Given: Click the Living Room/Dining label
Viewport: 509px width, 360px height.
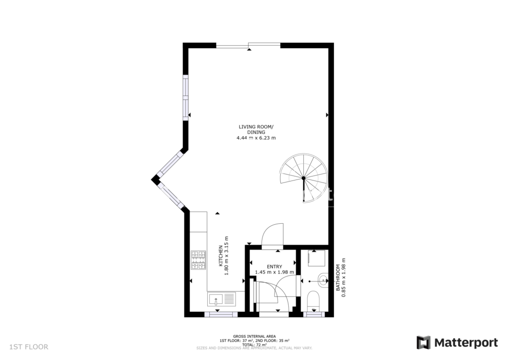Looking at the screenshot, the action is point(256,129).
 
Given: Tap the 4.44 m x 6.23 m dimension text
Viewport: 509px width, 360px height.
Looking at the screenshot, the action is point(256,138).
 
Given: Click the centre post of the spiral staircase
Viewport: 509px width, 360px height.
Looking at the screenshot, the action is point(304,178).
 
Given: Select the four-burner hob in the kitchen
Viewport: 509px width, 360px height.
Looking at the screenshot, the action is point(198,260).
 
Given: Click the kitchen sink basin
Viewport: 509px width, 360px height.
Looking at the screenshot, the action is point(216,299).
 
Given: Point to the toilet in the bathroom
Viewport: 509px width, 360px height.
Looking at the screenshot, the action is point(313,300).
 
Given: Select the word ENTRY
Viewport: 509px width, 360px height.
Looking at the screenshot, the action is point(274,267).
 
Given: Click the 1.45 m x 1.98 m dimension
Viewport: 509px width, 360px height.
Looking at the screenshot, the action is point(274,272).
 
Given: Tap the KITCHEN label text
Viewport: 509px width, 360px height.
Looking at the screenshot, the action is point(221,256).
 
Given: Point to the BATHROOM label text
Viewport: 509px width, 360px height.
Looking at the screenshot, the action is point(338,277).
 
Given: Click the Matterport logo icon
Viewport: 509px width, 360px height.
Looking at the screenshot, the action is point(424,343).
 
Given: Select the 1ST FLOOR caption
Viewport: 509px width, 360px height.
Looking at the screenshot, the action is point(29,347).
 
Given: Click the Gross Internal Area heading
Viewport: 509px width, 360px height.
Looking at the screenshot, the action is point(254,336).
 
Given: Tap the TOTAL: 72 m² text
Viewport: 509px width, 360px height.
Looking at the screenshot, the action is point(254,345).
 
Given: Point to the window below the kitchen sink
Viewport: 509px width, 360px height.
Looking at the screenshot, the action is point(221,314).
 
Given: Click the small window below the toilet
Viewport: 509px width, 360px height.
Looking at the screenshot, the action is point(314,314).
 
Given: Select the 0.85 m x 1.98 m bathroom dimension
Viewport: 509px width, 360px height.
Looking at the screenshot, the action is point(344,277).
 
